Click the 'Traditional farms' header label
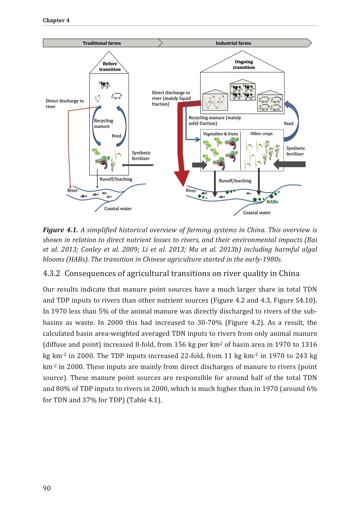[x=101, y=43]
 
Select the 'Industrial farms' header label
[x=233, y=43]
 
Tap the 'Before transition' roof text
[x=110, y=66]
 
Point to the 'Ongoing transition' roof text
[x=244, y=64]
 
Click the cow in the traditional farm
[x=104, y=84]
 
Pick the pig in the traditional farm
[x=117, y=96]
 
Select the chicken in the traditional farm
[x=97, y=98]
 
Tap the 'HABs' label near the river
[x=272, y=202]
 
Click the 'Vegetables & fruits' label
[x=220, y=134]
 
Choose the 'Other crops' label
[x=261, y=134]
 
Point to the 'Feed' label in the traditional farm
[x=116, y=136]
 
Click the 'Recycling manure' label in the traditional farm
[x=103, y=123]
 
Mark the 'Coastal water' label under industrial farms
[x=257, y=213]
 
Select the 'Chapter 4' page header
[x=56, y=21]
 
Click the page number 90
[x=47, y=488]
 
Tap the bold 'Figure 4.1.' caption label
[x=60, y=230]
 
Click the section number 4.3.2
[x=51, y=274]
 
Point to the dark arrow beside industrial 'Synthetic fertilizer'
[x=290, y=164]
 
